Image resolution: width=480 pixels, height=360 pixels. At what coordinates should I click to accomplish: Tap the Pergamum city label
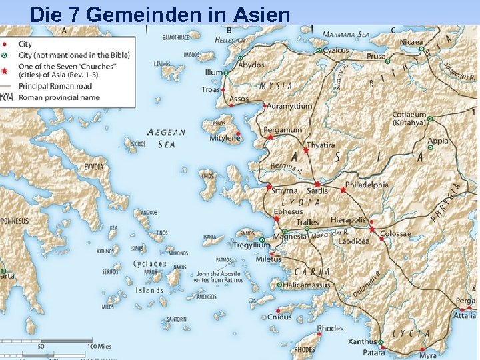coord(283,129)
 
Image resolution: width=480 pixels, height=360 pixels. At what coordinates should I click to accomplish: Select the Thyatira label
coord(321,145)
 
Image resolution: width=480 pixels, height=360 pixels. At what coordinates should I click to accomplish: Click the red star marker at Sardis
coord(317,183)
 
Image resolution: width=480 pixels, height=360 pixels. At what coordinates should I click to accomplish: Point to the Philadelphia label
coord(367,185)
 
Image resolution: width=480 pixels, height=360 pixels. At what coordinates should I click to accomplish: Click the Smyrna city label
coord(284,191)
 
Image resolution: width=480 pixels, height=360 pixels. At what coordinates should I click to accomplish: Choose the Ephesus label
coord(288,211)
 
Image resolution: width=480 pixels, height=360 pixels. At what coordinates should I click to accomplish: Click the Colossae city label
coord(396,234)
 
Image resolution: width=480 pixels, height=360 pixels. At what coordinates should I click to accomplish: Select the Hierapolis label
coord(348,220)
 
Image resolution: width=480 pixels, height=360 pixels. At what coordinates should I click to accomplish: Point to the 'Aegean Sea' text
coord(166,138)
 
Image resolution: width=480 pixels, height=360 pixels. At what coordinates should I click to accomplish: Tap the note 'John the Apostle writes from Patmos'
coord(220,277)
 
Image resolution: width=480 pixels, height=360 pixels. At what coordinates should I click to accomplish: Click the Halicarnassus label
coord(307,285)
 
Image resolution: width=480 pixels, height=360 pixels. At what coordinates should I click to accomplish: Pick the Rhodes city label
coord(330,329)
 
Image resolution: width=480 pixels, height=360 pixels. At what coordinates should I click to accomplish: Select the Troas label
coord(211,89)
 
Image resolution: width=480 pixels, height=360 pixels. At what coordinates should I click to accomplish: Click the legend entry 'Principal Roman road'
coord(56,86)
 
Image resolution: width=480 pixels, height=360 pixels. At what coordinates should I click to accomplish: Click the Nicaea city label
coord(412,42)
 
